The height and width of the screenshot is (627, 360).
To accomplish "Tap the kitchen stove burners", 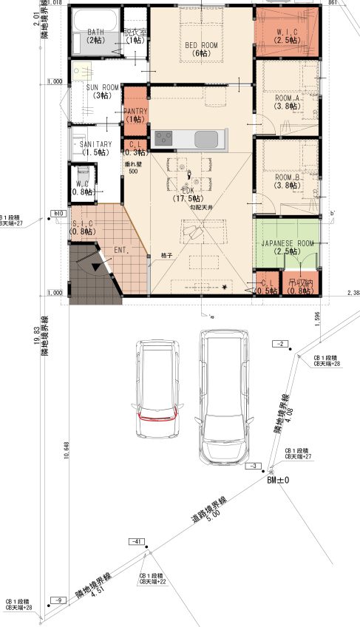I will tap(163, 137).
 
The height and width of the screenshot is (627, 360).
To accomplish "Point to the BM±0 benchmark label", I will tap(278, 480).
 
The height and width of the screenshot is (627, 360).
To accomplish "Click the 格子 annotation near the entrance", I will tap(166, 255).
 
